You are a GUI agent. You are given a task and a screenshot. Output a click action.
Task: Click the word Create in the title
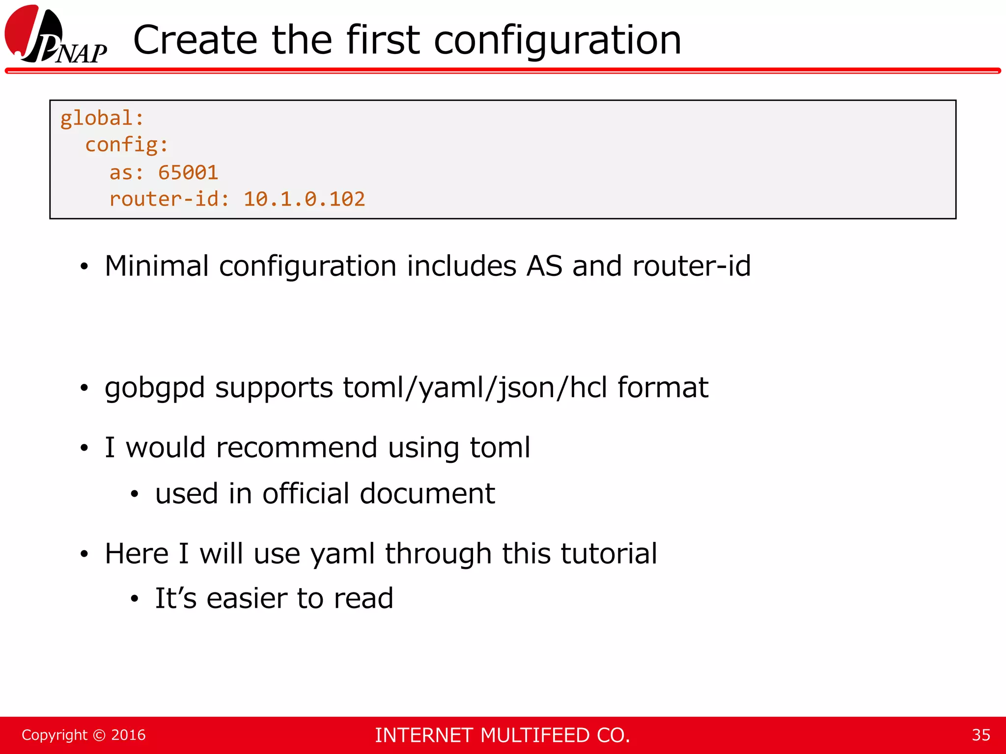coord(195,40)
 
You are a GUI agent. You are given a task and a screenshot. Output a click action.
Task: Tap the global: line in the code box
coord(102,119)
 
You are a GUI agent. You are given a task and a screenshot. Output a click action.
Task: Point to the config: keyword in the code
coord(127,145)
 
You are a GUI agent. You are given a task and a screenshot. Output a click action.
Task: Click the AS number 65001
coord(188,173)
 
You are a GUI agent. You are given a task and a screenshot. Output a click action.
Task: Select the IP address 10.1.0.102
coord(304,199)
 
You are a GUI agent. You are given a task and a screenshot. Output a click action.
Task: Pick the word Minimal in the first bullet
coord(157,266)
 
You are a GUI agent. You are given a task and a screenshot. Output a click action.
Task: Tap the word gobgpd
coord(155,388)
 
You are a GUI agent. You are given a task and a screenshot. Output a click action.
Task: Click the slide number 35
coord(980,735)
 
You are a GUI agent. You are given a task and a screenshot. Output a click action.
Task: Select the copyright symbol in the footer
coord(99,735)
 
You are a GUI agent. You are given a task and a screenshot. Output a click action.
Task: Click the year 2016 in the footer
coord(128,735)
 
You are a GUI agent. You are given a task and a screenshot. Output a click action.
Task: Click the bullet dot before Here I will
coord(84,554)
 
